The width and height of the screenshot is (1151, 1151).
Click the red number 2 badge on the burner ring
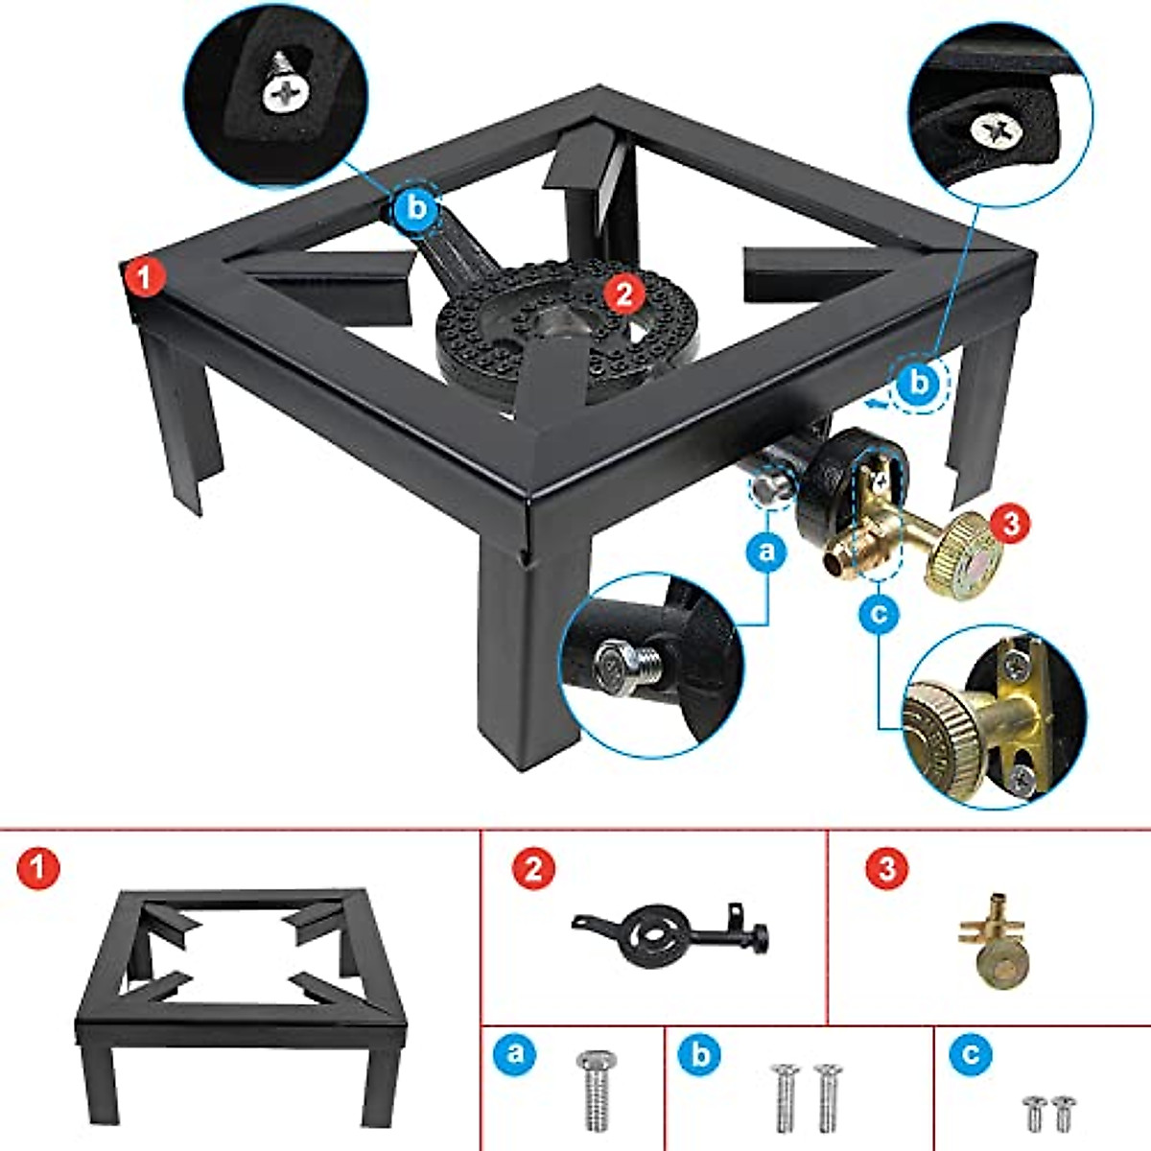pyautogui.click(x=624, y=293)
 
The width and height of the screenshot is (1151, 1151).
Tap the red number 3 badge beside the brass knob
pyautogui.click(x=1010, y=523)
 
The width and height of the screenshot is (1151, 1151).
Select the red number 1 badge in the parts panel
pyautogui.click(x=38, y=870)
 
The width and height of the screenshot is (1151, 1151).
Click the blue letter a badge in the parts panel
pyautogui.click(x=515, y=1054)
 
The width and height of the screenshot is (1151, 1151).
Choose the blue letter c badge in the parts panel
pyautogui.click(x=972, y=1054)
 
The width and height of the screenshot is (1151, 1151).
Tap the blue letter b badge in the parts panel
pyautogui.click(x=700, y=1054)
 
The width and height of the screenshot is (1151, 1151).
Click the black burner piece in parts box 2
pyautogui.click(x=671, y=930)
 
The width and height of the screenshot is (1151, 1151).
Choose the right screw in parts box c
pyautogui.click(x=1062, y=1113)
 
